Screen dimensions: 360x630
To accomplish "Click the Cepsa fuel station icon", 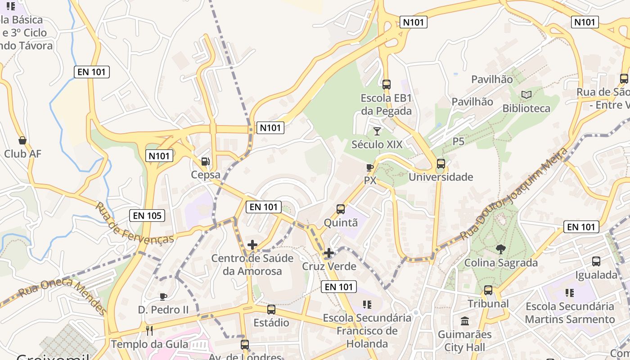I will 205,161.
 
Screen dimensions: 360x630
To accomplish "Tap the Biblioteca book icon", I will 526,95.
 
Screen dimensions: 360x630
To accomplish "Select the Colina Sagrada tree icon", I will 500,249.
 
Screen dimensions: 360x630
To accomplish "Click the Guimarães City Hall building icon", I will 465,321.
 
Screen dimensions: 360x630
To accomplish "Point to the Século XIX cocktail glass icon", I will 377,131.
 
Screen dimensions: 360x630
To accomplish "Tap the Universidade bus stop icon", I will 441,164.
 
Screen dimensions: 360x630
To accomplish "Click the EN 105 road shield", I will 147,216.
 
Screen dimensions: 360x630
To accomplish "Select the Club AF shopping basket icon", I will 22,140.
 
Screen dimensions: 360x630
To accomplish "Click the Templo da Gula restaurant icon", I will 149,331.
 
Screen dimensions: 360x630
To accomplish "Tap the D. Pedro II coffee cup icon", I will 163,297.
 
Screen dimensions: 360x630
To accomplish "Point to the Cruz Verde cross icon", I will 329,253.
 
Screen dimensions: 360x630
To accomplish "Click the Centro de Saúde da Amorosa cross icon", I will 252,245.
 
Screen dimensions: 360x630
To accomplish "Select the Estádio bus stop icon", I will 271,310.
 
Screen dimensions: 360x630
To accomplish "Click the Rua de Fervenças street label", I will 135,223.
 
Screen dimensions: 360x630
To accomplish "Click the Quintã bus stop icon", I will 341,209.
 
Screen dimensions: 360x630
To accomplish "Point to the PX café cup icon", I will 370,167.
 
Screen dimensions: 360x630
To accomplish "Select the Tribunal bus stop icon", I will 488,290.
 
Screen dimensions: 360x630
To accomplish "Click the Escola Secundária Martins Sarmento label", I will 570,313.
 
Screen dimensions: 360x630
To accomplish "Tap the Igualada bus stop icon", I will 596,261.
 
